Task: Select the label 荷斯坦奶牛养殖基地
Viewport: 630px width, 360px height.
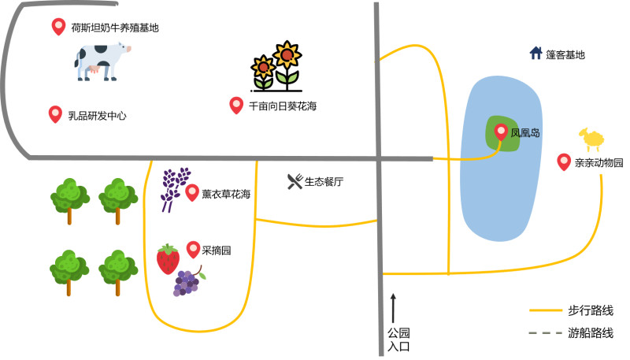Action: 115,28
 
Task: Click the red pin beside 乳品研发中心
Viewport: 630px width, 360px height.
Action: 55,114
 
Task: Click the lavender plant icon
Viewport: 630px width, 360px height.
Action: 175,188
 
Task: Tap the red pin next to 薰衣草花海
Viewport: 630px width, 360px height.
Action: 192,192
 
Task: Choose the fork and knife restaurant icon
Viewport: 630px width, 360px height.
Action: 295,182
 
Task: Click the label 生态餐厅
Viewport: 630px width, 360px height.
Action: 324,182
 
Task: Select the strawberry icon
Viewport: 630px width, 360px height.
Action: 168,259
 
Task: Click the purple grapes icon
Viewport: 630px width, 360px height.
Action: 187,281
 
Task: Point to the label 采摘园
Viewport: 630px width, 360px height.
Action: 217,251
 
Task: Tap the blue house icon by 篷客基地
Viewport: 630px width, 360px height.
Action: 536,54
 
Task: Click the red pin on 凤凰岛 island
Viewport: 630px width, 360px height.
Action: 501,132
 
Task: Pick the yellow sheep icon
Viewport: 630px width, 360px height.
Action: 591,140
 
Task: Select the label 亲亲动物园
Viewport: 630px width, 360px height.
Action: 598,163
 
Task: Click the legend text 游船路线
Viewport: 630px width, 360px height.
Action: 591,333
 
